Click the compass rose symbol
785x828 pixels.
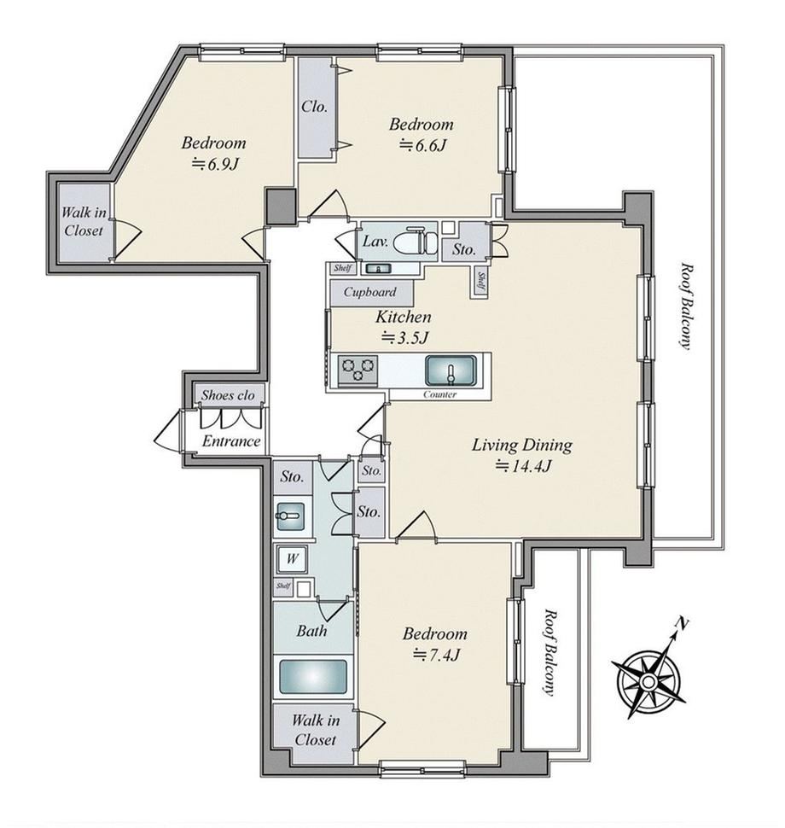click(648, 682)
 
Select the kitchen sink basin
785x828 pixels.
click(451, 370)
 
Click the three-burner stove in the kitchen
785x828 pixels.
click(358, 369)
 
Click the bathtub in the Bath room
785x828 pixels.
click(313, 676)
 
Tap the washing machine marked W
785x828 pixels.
click(292, 559)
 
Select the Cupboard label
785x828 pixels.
click(369, 292)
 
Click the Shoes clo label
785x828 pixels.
click(228, 395)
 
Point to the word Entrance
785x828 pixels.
click(231, 441)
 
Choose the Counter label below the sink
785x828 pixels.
click(439, 394)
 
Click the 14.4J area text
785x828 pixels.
click(523, 466)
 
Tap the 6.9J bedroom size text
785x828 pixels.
click(215, 164)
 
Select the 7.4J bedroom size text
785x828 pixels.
click(436, 655)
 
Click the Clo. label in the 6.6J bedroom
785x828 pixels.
click(315, 107)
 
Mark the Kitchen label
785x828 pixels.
click(404, 317)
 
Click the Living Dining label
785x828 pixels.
click(521, 445)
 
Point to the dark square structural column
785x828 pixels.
click(281, 206)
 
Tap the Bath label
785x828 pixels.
click(311, 631)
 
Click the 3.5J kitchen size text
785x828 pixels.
click(404, 337)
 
